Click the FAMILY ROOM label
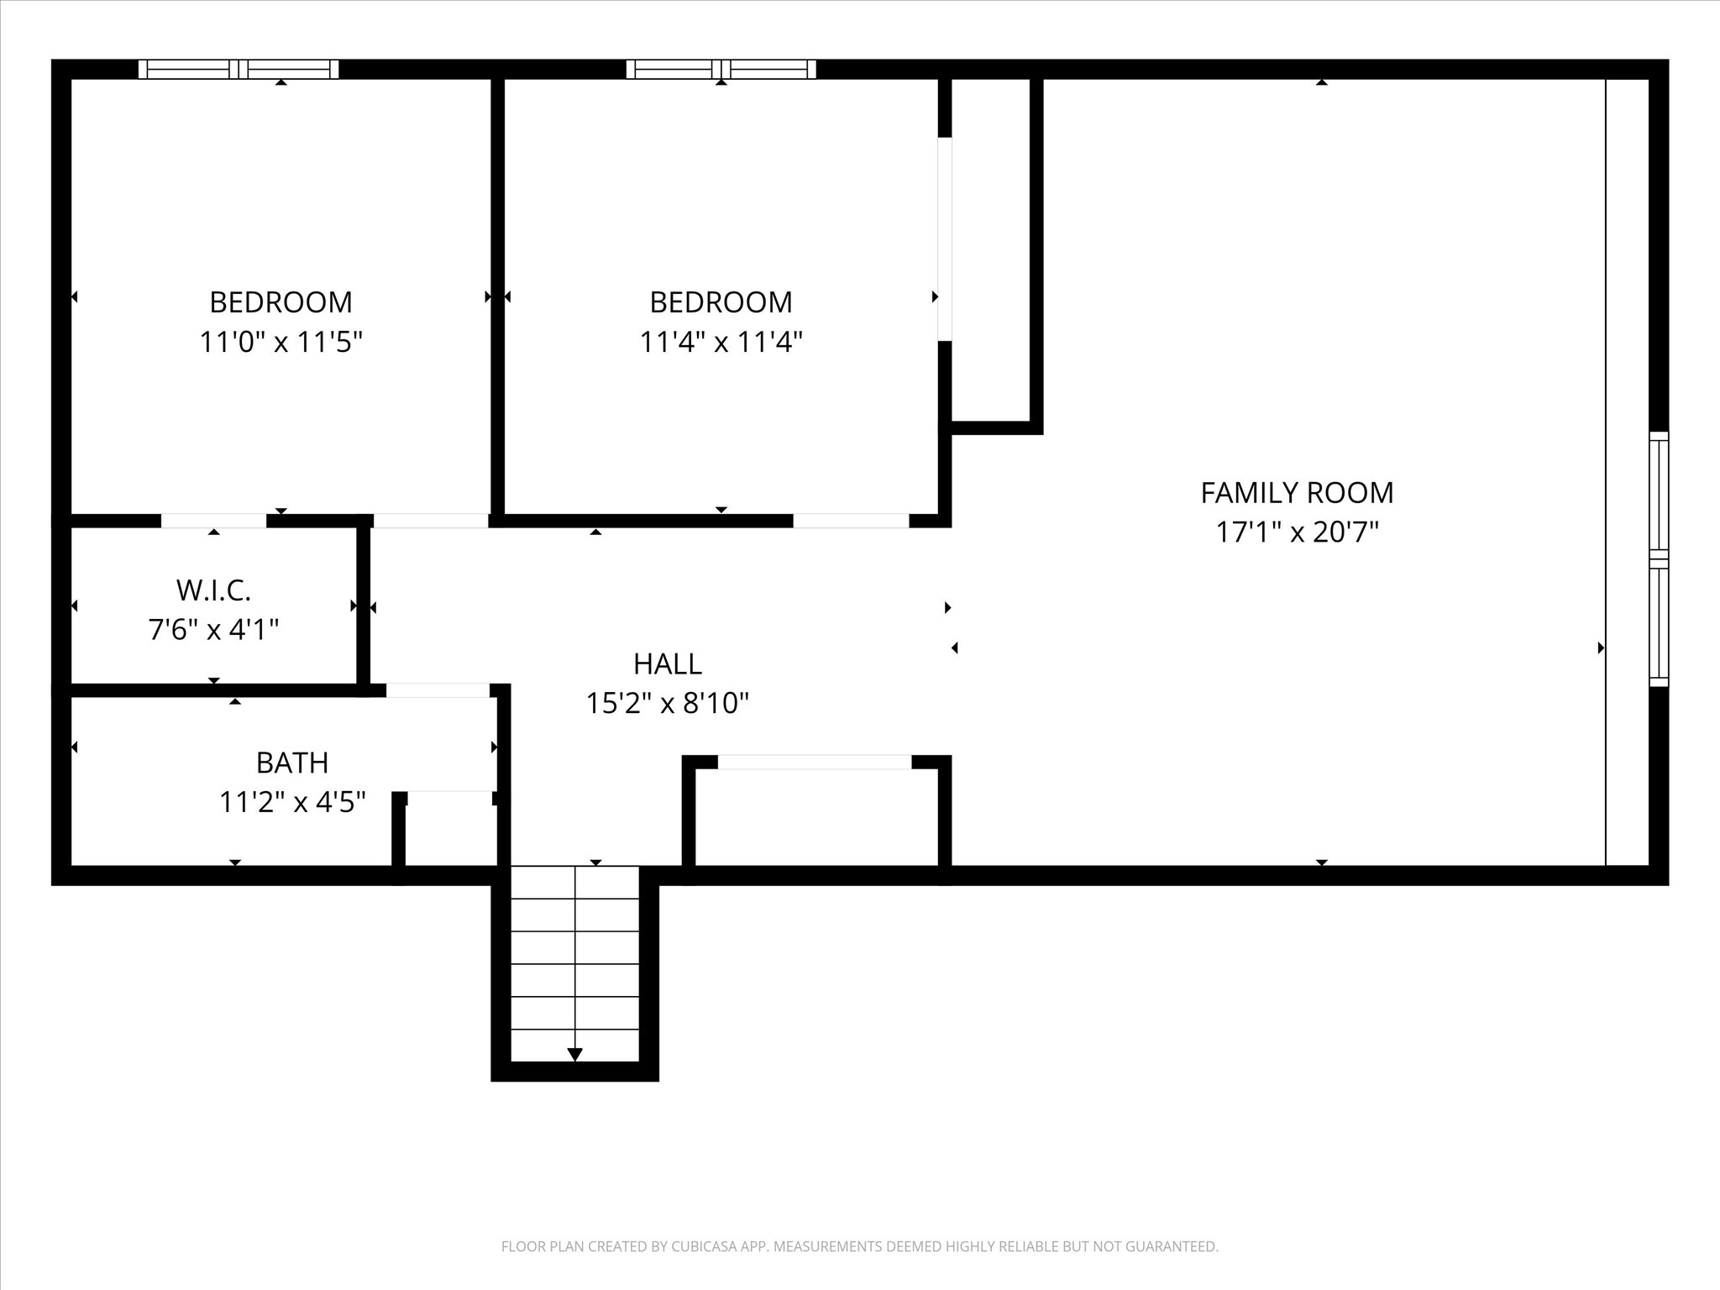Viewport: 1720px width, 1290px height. click(x=1297, y=493)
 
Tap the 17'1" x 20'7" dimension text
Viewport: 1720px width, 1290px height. click(x=1297, y=532)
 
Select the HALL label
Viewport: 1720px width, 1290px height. click(x=668, y=664)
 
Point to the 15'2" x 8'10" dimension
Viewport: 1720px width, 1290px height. click(x=668, y=703)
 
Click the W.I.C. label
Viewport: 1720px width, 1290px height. click(x=213, y=590)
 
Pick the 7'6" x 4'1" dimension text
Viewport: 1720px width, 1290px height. click(x=213, y=629)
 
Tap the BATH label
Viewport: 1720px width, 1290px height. click(x=292, y=763)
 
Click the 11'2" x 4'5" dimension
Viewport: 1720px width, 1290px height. click(x=292, y=802)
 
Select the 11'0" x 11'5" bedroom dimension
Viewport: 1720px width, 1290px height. click(x=281, y=342)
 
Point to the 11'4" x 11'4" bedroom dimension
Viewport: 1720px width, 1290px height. click(x=721, y=342)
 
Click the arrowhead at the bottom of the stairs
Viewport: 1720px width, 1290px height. click(x=574, y=1054)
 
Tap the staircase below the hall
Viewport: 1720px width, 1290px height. click(x=574, y=963)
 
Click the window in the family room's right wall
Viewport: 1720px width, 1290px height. click(x=1659, y=559)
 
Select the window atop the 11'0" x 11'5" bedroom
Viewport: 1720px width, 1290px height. click(x=239, y=69)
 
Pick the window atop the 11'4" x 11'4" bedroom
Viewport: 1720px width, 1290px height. click(x=721, y=69)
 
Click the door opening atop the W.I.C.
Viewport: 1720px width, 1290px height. click(x=213, y=521)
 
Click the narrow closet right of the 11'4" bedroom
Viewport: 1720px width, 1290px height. click(x=991, y=249)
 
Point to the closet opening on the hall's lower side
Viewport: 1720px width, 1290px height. click(x=815, y=763)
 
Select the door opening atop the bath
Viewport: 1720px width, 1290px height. click(x=438, y=690)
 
